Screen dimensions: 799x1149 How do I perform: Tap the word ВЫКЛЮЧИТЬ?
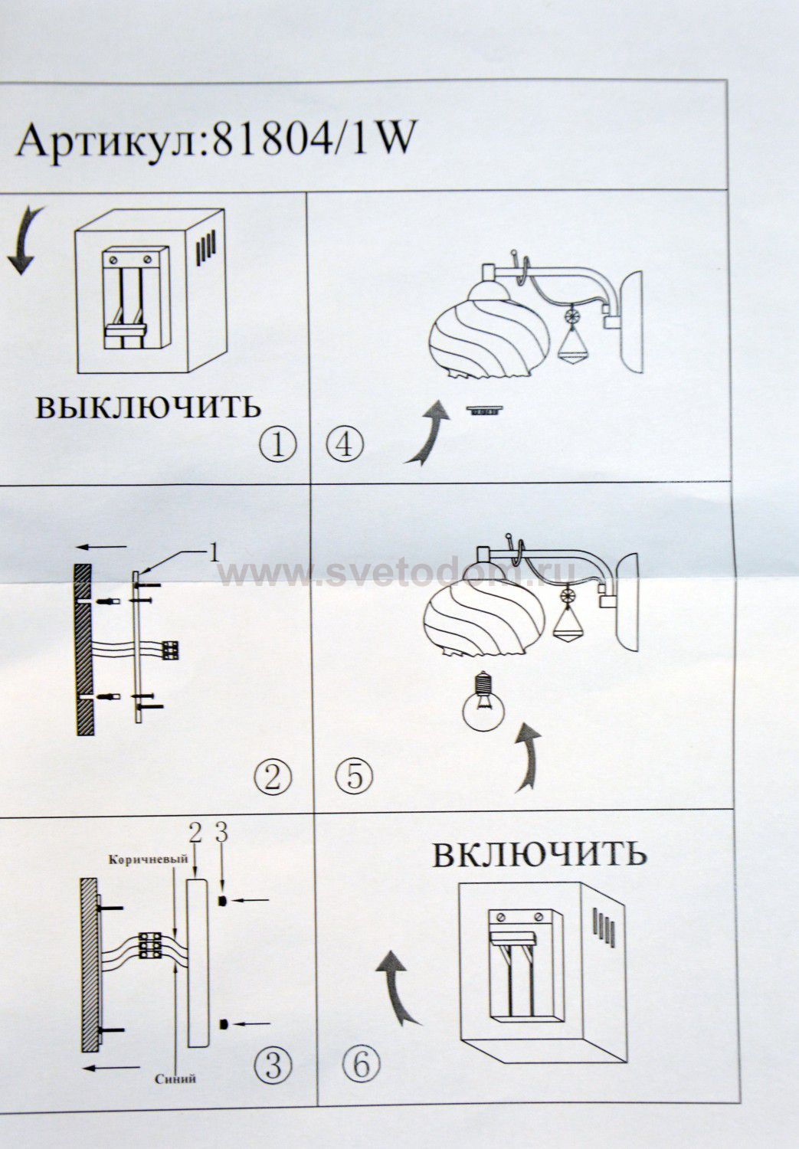point(148,407)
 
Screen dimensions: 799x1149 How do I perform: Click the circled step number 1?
point(278,445)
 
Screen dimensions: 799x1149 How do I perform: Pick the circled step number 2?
point(273,777)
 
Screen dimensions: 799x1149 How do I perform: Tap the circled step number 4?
point(345,445)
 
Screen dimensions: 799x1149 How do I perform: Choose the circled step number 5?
point(355,776)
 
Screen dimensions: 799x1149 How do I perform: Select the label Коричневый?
point(148,859)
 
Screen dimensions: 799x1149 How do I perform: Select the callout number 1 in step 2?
point(214,553)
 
